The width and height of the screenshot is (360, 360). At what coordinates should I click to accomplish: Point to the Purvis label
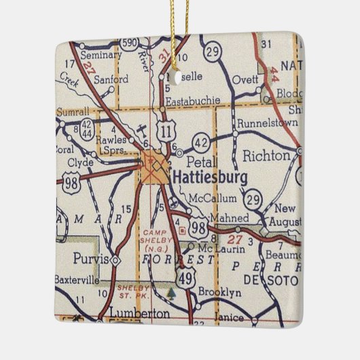point(91,258)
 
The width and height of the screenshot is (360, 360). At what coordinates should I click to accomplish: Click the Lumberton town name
point(138,313)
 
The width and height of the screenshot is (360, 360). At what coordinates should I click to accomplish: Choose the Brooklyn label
point(219,292)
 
